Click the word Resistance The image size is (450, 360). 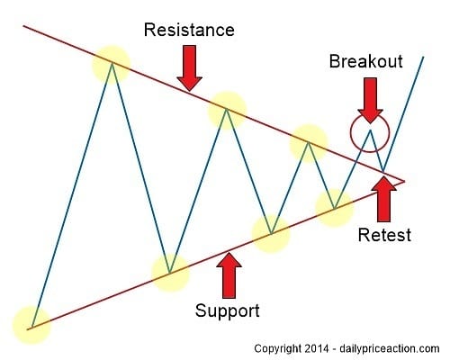(189, 30)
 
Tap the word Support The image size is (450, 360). (229, 311)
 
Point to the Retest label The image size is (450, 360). (382, 235)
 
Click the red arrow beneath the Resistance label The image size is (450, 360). (190, 67)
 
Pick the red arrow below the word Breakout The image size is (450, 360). (368, 97)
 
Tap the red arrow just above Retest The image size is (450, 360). (384, 200)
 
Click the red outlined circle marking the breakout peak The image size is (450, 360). (369, 132)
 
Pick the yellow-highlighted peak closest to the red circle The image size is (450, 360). (308, 142)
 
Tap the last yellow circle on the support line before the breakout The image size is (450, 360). (334, 208)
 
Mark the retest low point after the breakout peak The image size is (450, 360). (383, 171)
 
